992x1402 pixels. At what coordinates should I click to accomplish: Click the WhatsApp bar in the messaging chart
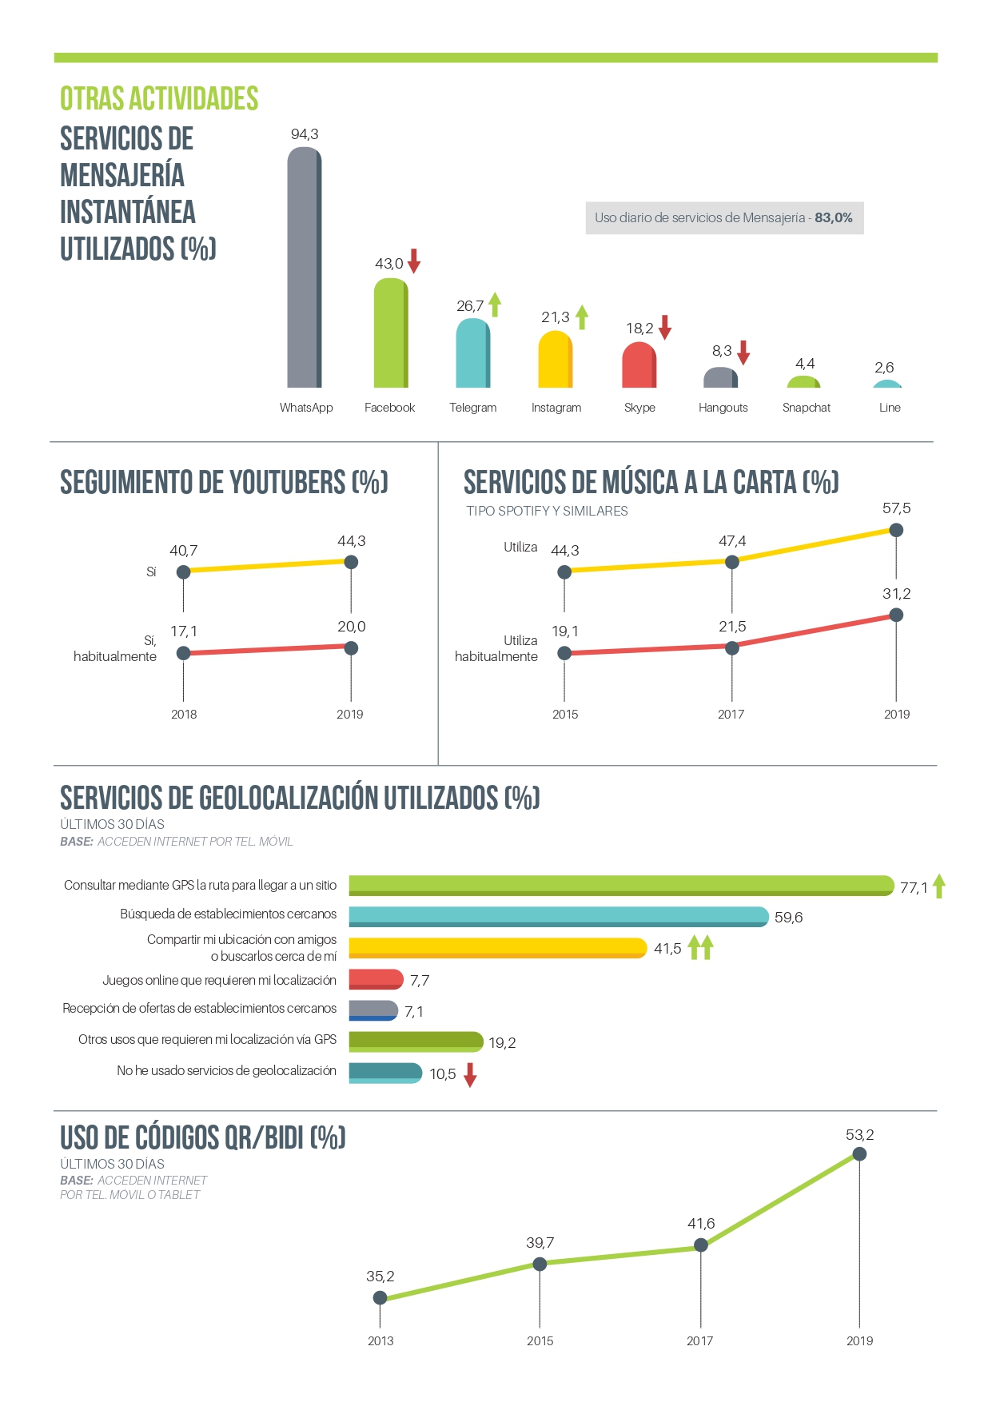coord(305,268)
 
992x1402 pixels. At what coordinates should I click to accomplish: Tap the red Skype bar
coord(639,366)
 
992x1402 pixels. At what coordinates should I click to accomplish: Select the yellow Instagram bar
coord(556,360)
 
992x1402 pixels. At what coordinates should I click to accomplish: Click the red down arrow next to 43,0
coord(414,261)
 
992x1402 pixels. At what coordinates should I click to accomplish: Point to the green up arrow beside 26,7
coord(495,304)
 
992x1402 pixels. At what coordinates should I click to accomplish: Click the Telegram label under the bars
coord(472,408)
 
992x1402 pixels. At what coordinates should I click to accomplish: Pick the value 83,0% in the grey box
coord(834,217)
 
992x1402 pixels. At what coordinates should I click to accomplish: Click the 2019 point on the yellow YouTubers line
coord(350,562)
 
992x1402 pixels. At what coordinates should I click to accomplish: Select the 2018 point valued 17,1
coord(183,653)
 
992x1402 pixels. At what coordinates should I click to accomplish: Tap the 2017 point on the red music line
coord(731,647)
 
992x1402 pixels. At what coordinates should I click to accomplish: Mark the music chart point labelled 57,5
coord(896,530)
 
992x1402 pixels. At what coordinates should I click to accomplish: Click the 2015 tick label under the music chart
coord(564,715)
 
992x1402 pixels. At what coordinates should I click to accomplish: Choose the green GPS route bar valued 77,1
coord(621,885)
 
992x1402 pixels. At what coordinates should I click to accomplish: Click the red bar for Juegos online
coord(376,979)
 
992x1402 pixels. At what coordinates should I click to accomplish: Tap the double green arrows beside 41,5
coord(700,947)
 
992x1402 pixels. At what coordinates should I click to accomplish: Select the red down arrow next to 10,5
coord(470,1075)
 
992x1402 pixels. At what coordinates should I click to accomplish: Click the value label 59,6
coord(788,918)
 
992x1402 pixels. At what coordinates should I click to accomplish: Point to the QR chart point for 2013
coord(380,1297)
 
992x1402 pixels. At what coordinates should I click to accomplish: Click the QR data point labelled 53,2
coord(859,1153)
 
